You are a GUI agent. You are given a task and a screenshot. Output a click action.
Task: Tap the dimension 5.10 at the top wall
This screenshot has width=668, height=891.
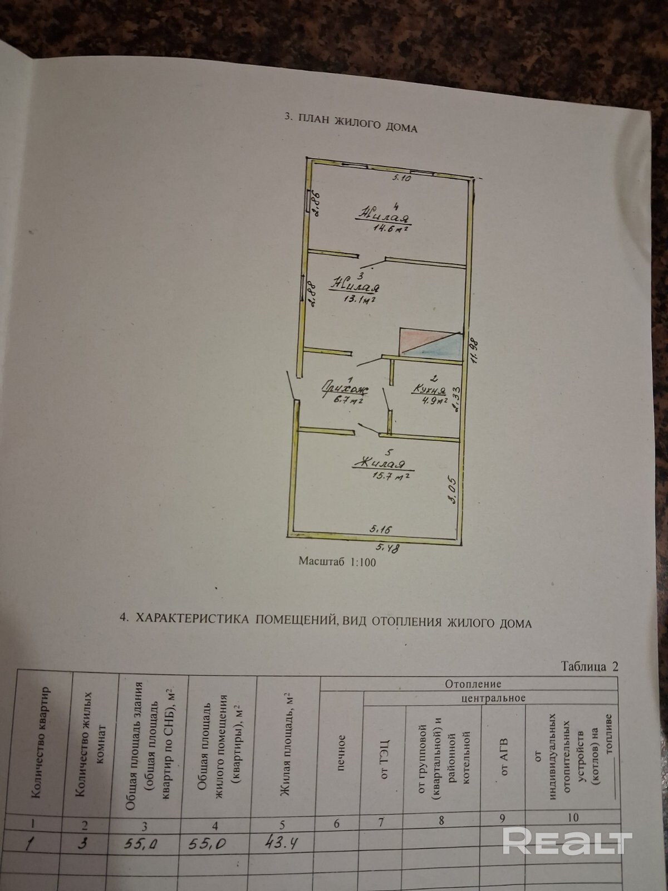click(402, 178)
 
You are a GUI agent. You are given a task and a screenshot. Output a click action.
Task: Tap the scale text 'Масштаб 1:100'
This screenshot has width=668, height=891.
click(337, 562)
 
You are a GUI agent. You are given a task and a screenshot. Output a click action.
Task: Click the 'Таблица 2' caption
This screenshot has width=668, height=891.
click(590, 667)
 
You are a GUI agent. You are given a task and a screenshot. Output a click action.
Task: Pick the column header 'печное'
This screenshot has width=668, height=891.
click(341, 753)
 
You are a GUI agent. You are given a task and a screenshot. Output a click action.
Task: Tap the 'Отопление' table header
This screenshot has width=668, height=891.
click(473, 684)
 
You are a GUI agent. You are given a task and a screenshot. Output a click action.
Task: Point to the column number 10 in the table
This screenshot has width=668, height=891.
click(573, 817)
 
